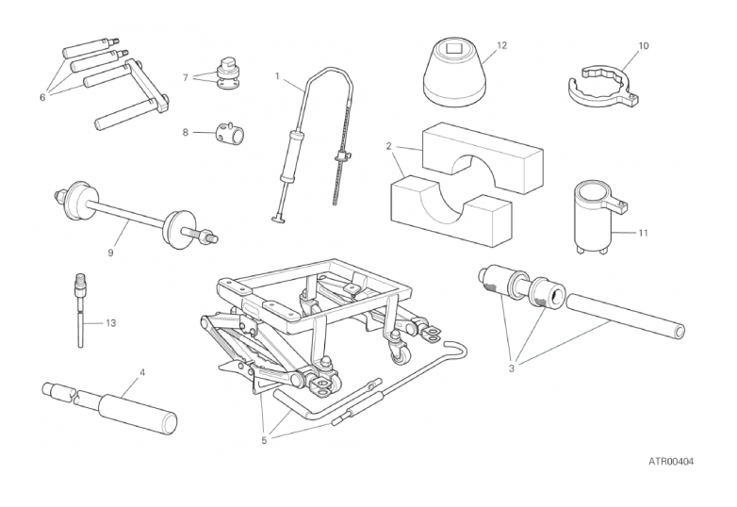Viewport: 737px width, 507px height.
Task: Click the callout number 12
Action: click(502, 45)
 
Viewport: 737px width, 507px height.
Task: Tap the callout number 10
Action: click(644, 45)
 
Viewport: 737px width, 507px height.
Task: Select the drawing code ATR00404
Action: click(671, 462)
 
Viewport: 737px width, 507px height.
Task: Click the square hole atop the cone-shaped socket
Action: click(454, 47)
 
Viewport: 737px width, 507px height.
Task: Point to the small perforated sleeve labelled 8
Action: click(230, 133)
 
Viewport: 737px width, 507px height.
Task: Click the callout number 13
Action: click(110, 323)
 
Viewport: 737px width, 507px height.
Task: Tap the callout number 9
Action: click(110, 253)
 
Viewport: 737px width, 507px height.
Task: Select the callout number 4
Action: click(142, 372)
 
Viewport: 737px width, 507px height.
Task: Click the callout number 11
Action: click(643, 233)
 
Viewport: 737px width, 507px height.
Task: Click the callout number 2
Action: click(388, 146)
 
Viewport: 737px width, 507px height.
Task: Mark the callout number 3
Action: click(512, 368)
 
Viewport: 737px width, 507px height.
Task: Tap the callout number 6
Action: click(42, 98)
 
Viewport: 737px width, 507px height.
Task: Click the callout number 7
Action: click(185, 77)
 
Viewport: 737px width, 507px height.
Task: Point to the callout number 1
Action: click(277, 75)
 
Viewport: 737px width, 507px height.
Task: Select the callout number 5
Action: click(264, 441)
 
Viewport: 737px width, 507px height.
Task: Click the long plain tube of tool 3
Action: click(626, 316)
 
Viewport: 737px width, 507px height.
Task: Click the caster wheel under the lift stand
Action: click(399, 353)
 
